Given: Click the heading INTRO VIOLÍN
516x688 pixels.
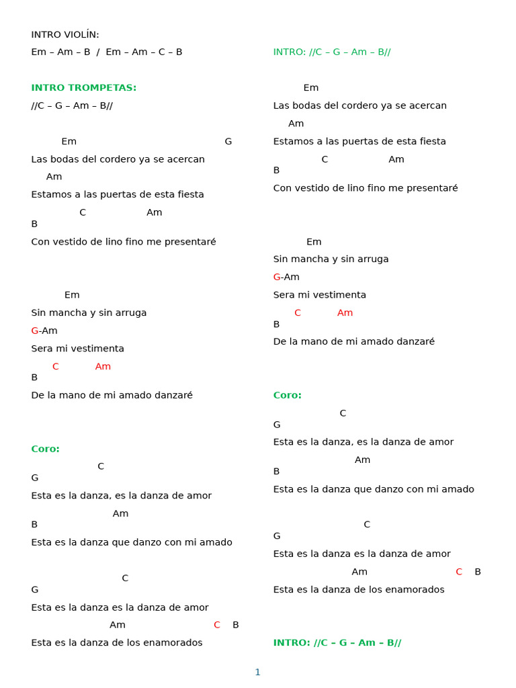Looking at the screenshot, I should [x=65, y=34].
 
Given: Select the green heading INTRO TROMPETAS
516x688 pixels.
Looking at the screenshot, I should [x=84, y=87].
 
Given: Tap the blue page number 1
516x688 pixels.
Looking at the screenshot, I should [x=257, y=672].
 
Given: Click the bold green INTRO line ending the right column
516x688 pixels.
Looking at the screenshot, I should [x=337, y=642].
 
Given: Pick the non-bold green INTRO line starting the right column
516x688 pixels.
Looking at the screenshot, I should [x=332, y=52].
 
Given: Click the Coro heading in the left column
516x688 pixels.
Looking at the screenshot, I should [x=46, y=449].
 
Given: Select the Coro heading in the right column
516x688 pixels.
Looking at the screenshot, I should [x=288, y=395].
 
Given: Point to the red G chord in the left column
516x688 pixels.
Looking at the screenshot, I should [x=34, y=331].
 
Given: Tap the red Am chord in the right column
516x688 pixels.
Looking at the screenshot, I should [x=345, y=312].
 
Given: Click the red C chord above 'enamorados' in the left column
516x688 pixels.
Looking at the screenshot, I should [x=217, y=625].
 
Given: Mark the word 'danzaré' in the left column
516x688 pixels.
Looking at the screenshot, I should [x=174, y=395].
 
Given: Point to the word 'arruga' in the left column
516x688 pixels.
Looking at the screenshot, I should [x=131, y=312].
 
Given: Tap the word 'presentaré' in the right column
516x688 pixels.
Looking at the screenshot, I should [x=432, y=188].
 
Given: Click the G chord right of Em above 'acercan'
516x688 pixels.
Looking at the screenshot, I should [x=228, y=141].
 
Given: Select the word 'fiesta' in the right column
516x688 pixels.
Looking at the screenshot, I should [x=431, y=141].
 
